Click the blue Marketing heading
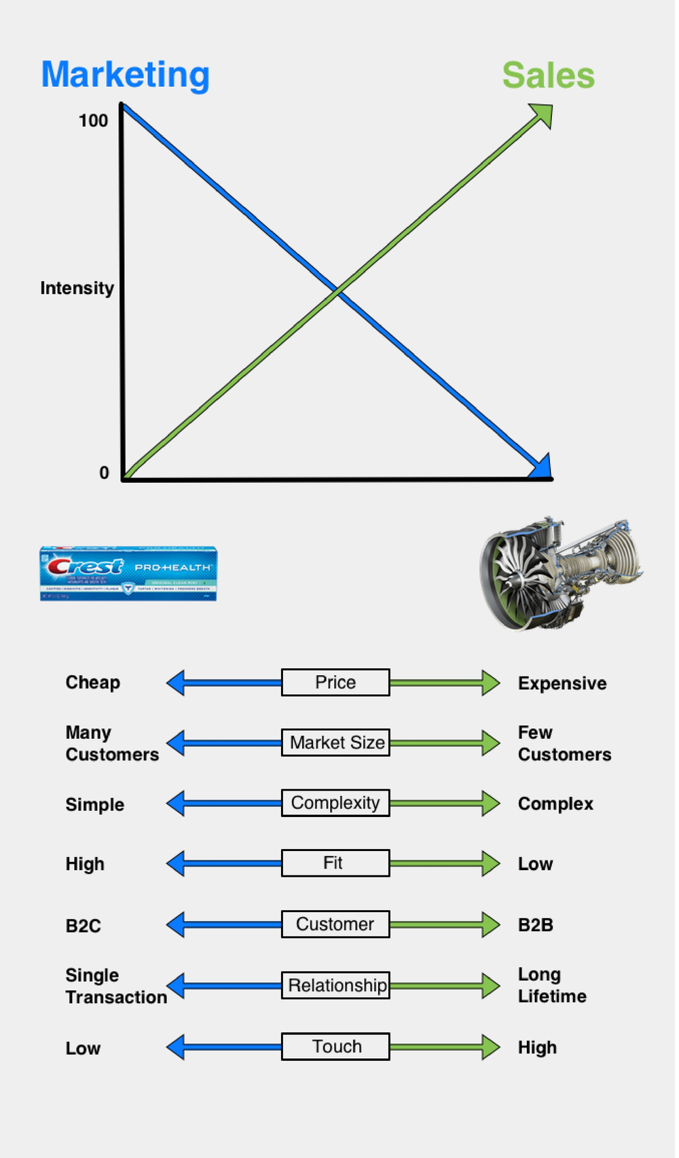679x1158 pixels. point(126,75)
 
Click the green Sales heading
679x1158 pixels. point(549,75)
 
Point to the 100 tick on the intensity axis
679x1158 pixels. point(94,121)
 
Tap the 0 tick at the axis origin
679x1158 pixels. point(104,473)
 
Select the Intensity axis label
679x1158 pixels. point(77,288)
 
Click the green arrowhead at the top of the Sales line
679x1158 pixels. point(543,114)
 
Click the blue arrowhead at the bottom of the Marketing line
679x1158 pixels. point(541,467)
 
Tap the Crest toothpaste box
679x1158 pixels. point(128,573)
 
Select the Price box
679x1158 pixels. point(335,683)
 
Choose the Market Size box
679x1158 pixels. point(335,742)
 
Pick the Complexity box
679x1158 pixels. point(335,803)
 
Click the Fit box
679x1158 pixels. point(335,863)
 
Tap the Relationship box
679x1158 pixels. point(335,985)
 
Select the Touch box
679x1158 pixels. point(335,1047)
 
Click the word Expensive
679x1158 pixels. point(562,683)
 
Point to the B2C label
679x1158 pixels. point(84,926)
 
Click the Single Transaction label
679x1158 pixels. point(115,986)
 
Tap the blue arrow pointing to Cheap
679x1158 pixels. point(224,683)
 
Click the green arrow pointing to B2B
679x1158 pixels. point(445,924)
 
